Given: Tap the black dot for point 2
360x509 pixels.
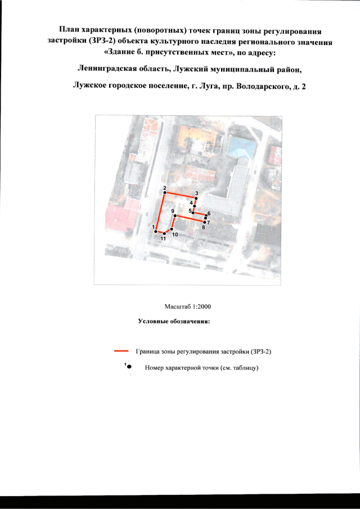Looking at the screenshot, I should pos(164,193).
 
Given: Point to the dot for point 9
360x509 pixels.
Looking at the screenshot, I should pos(175,216).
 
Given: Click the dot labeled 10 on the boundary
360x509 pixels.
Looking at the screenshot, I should pos(171,229).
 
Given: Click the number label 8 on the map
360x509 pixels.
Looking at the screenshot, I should pos(204,227).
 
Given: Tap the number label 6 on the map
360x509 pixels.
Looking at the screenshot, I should pos(209,214).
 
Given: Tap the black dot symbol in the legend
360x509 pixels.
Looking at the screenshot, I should pos(129,367).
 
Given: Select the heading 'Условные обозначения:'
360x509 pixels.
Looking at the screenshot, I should pos(174,322).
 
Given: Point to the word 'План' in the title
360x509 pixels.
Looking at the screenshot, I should pos(70,28).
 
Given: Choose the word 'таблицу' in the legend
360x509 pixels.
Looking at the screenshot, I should pos(246,368).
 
